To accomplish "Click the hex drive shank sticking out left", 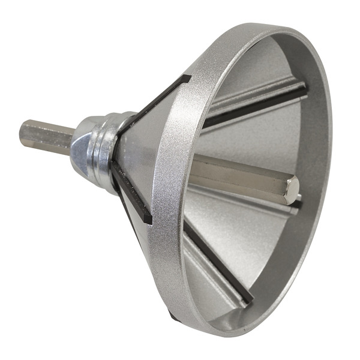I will (45, 137).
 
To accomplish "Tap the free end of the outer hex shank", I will (24, 133).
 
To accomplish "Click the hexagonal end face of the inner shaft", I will (292, 188).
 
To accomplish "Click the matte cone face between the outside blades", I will (138, 150).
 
